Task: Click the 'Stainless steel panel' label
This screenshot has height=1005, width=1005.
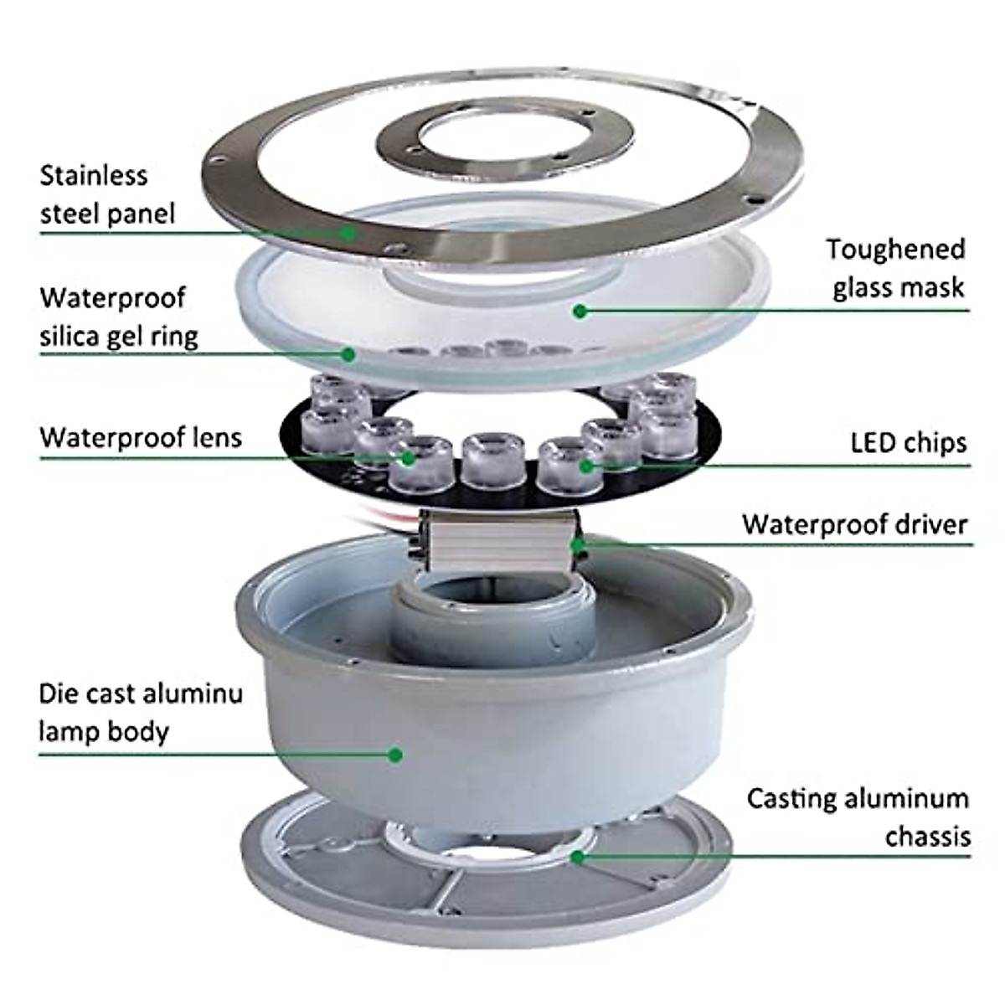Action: tap(107, 194)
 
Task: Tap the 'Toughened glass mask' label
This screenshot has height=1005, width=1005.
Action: tap(897, 268)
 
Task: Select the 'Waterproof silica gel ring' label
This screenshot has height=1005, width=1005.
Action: tap(119, 317)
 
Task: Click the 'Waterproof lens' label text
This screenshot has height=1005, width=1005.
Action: tap(141, 437)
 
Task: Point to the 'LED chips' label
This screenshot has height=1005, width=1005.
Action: tap(908, 442)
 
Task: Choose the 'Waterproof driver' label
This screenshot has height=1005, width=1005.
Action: tap(854, 524)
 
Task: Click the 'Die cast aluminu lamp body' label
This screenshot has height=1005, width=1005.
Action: tap(141, 712)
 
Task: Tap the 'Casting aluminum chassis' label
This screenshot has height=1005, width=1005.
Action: tap(858, 817)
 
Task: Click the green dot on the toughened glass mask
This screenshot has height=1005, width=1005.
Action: tap(578, 312)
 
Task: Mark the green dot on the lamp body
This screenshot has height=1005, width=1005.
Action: tap(395, 755)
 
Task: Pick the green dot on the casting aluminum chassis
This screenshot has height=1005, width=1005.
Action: tap(577, 856)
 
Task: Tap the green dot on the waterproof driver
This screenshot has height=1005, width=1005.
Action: tap(577, 544)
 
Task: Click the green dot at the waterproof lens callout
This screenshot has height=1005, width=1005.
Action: tap(409, 457)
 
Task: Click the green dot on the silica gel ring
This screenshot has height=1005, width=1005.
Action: tap(348, 354)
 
